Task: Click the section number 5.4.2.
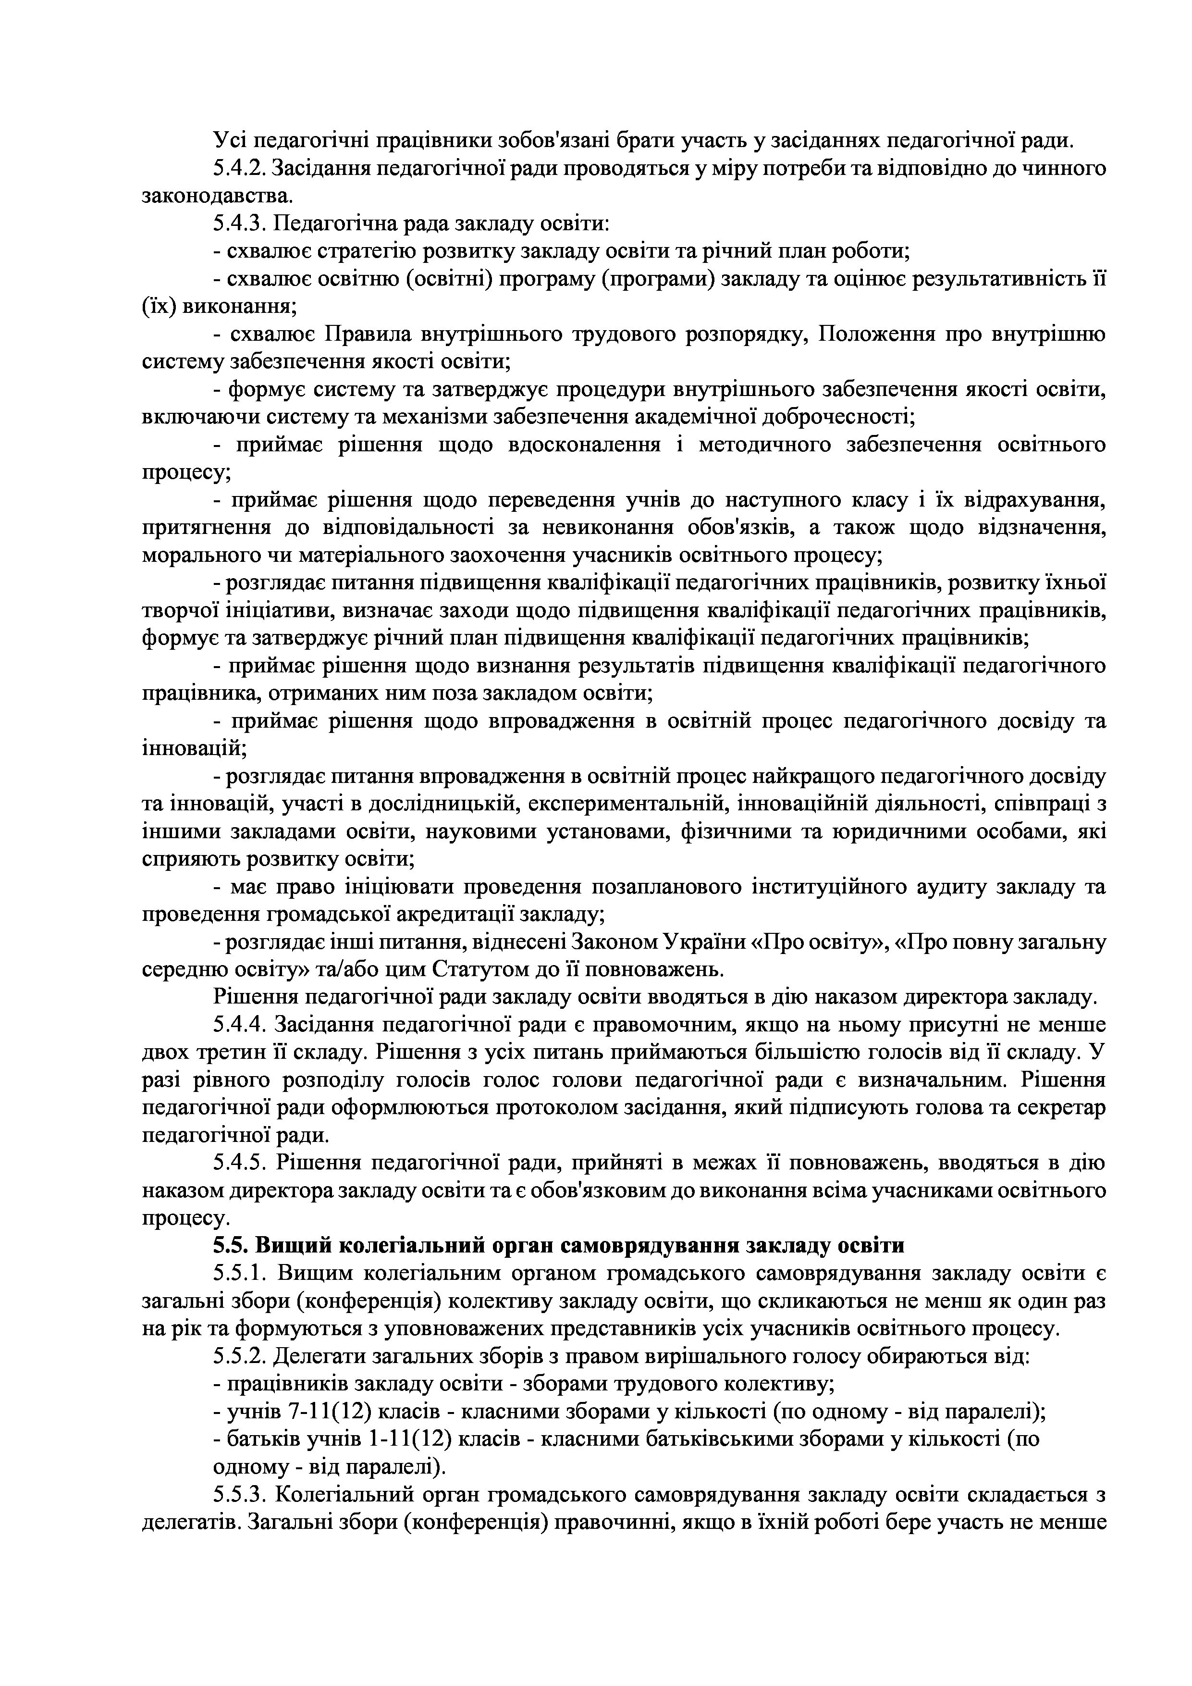tap(240, 169)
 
